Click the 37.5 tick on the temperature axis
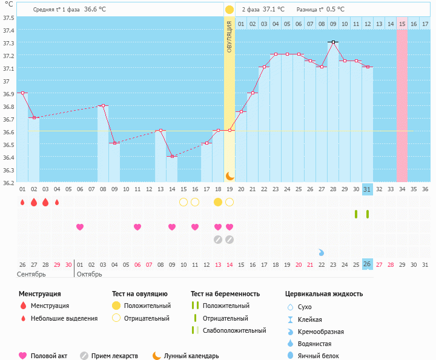[x=9, y=18]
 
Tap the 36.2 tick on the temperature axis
[x=9, y=182]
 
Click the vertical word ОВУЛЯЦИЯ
[x=230, y=36]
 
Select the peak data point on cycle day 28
[x=333, y=42]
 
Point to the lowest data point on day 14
[x=172, y=156]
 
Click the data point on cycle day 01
[x=22, y=93]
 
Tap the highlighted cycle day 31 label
[x=368, y=189]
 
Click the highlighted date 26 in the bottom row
[x=368, y=264]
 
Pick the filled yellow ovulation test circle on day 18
[x=218, y=201]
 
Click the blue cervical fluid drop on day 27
[x=322, y=252]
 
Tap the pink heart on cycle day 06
[x=80, y=227]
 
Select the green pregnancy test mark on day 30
[x=356, y=214]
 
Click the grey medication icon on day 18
[x=218, y=240]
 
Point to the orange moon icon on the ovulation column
[x=230, y=175]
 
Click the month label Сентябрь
[x=31, y=274]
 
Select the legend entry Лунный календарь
[x=191, y=356]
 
